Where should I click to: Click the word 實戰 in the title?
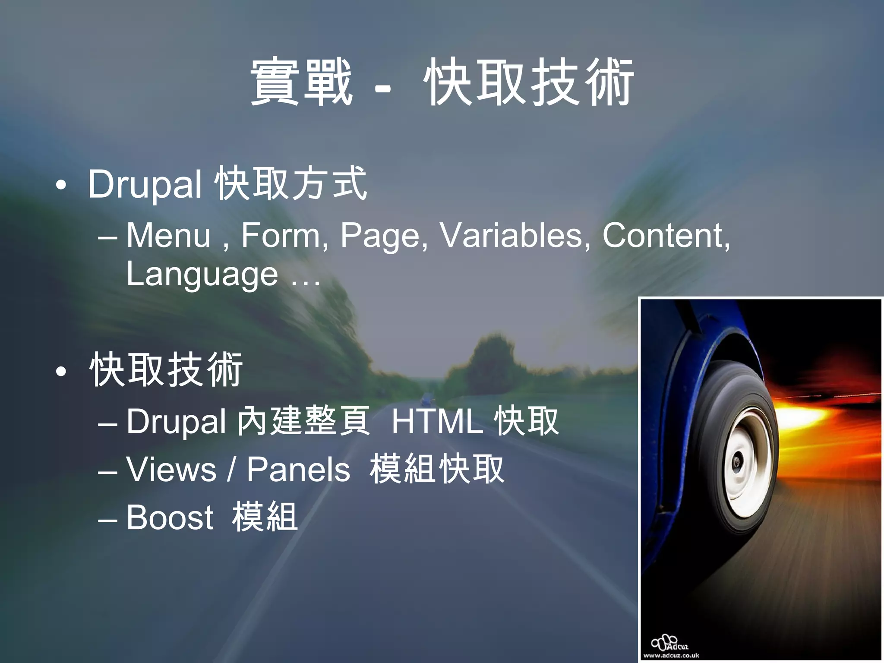[301, 83]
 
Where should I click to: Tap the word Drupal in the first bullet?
[145, 185]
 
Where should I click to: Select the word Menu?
[168, 236]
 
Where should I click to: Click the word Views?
[171, 470]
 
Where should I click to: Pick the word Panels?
[298, 470]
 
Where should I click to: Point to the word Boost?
[170, 517]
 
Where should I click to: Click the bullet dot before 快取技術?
[61, 372]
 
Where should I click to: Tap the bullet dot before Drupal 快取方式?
[61, 186]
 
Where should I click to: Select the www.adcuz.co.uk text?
[671, 655]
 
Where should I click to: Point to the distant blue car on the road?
[427, 398]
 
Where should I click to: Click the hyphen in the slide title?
[383, 89]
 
